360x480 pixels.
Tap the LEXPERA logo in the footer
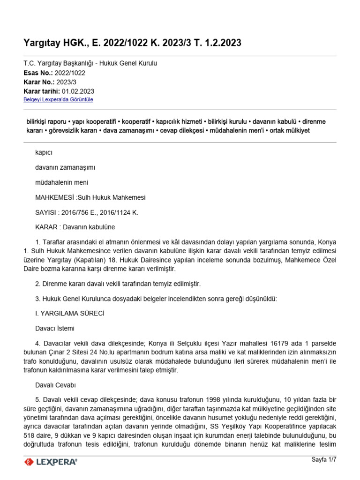51,462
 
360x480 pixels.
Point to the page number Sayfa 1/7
324,459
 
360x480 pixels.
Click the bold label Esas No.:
38,73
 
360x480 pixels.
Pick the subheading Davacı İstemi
55,328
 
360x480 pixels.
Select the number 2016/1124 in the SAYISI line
119,212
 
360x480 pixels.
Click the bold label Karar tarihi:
41,91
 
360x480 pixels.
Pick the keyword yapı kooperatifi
102,121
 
